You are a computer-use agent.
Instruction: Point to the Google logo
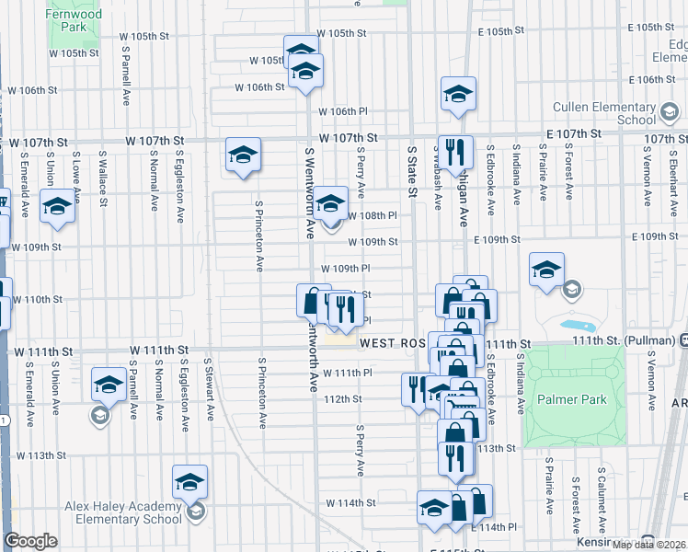coord(30,542)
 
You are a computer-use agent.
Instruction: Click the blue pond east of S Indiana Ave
coord(578,326)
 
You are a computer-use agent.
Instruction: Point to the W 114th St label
coord(350,503)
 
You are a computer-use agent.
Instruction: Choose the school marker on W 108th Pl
coord(330,203)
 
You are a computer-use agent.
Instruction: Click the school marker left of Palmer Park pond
coord(547,270)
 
